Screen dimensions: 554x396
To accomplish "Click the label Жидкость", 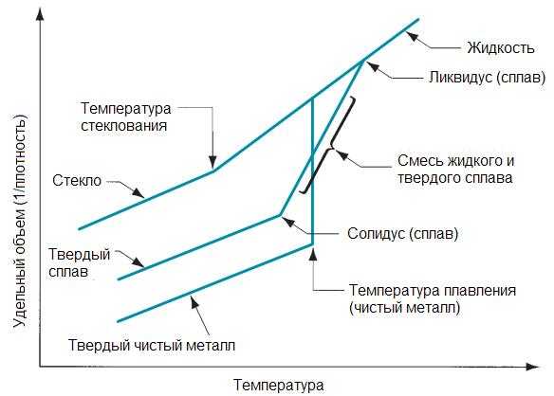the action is pos(501,47).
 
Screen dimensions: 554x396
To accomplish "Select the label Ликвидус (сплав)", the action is pos(488,77).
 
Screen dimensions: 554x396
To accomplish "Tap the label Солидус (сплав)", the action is pos(402,233).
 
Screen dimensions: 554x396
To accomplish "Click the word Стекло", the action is pos(77,180).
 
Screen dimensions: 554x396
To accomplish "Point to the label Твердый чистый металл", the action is pos(152,345).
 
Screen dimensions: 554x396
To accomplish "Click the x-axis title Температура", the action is pos(278,385).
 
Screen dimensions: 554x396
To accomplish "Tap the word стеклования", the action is pos(123,126).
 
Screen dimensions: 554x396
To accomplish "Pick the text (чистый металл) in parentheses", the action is pos(404,308).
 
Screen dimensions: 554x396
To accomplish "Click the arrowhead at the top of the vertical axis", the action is pos(41,14).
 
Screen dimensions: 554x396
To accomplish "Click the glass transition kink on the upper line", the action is pos(213,171).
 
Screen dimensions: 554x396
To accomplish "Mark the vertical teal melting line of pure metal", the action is pos(313,171).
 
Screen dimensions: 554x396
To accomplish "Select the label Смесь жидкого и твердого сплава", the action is pos(455,169).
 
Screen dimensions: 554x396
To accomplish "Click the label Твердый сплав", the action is pos(79,263).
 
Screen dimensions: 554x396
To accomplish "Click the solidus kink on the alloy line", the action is pos(280,215).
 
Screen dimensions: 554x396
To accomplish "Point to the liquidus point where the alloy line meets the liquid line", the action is pos(362,62).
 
